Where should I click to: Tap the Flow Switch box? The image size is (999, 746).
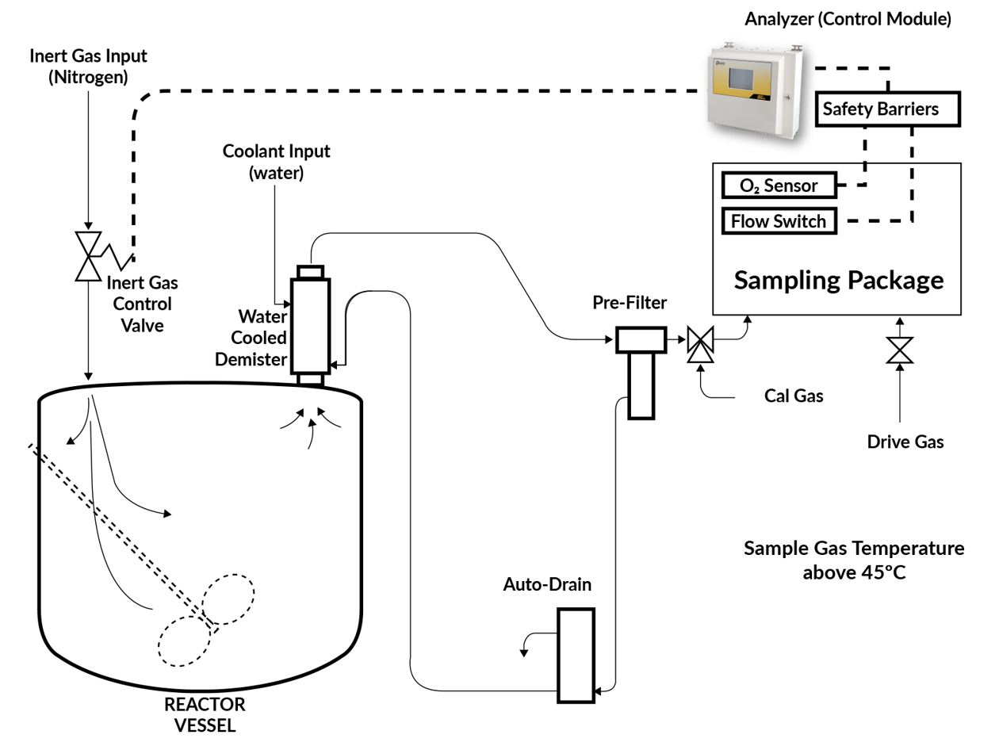coord(779,221)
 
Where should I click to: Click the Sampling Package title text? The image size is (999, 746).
coord(838,280)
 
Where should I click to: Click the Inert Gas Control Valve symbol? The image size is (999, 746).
coord(88,255)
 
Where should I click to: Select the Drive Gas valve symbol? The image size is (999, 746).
coord(899,350)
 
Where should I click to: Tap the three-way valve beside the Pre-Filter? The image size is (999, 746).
coord(699,341)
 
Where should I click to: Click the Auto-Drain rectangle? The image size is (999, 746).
coord(576,655)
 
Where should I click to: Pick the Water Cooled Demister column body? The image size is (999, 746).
coord(310,325)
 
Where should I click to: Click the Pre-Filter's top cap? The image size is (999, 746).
coord(640,340)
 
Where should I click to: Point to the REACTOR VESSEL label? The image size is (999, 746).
coord(205,713)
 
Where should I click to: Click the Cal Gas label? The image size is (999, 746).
coord(794,396)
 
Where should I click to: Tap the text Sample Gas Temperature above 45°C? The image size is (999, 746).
coord(854,560)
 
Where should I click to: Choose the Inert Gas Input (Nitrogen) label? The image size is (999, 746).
coord(88,67)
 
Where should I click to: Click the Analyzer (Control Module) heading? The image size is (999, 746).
coord(848,19)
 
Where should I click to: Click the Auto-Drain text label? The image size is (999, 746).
coord(547,585)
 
